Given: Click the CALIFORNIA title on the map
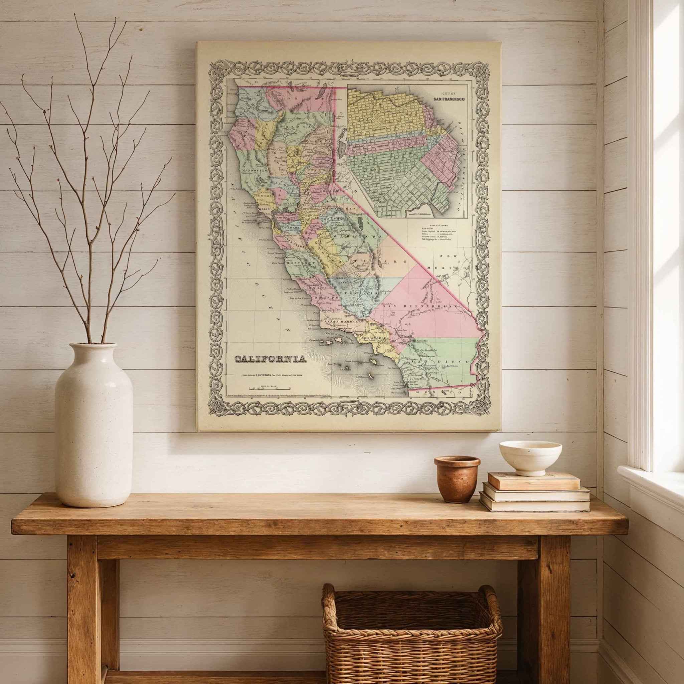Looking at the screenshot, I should [271, 359].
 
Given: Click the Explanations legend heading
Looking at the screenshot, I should [438, 225].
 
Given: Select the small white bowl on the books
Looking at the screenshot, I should [530, 458].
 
